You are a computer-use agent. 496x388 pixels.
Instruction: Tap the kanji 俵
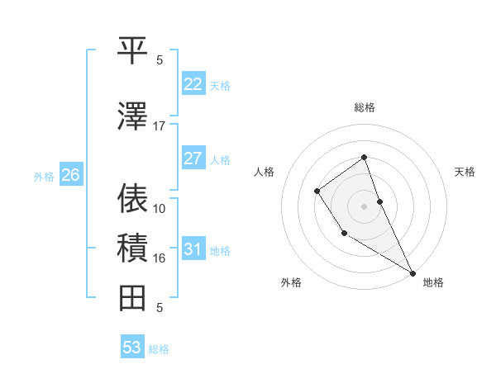[x=132, y=198]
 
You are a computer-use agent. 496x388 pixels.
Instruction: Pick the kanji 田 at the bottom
[x=132, y=297]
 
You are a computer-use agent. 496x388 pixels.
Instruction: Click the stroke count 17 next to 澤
[x=160, y=126]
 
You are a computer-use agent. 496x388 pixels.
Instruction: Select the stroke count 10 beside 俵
[x=160, y=208]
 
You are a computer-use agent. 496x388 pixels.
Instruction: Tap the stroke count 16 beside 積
[x=160, y=258]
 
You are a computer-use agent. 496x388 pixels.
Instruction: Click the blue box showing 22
[x=193, y=84]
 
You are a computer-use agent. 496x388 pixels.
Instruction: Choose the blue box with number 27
[x=193, y=159]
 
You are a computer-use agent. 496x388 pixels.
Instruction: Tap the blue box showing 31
[x=193, y=249]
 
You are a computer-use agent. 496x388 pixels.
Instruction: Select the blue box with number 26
[x=71, y=175]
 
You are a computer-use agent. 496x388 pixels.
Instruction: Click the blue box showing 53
[x=132, y=348]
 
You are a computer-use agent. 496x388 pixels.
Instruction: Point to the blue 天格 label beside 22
[x=220, y=86]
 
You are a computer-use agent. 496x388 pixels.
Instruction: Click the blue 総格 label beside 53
[x=159, y=349]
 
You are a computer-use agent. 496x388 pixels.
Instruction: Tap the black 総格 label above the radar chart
[x=364, y=108]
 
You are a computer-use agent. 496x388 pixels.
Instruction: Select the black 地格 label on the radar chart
[x=433, y=282]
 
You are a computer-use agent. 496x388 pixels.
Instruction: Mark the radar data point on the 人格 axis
[x=317, y=192]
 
